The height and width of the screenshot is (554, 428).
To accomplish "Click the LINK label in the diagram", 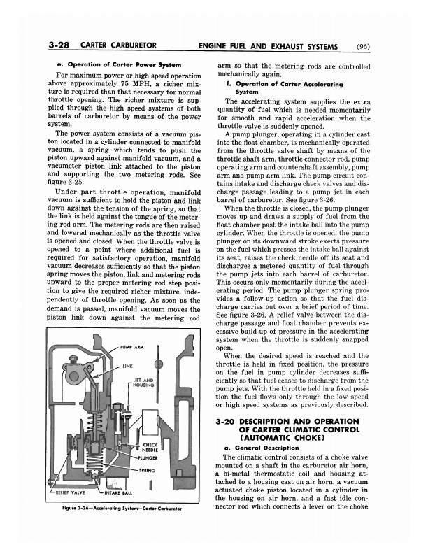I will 129,365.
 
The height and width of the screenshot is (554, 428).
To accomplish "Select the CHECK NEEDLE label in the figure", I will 150,446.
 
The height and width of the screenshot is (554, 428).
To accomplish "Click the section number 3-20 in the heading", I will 230,421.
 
